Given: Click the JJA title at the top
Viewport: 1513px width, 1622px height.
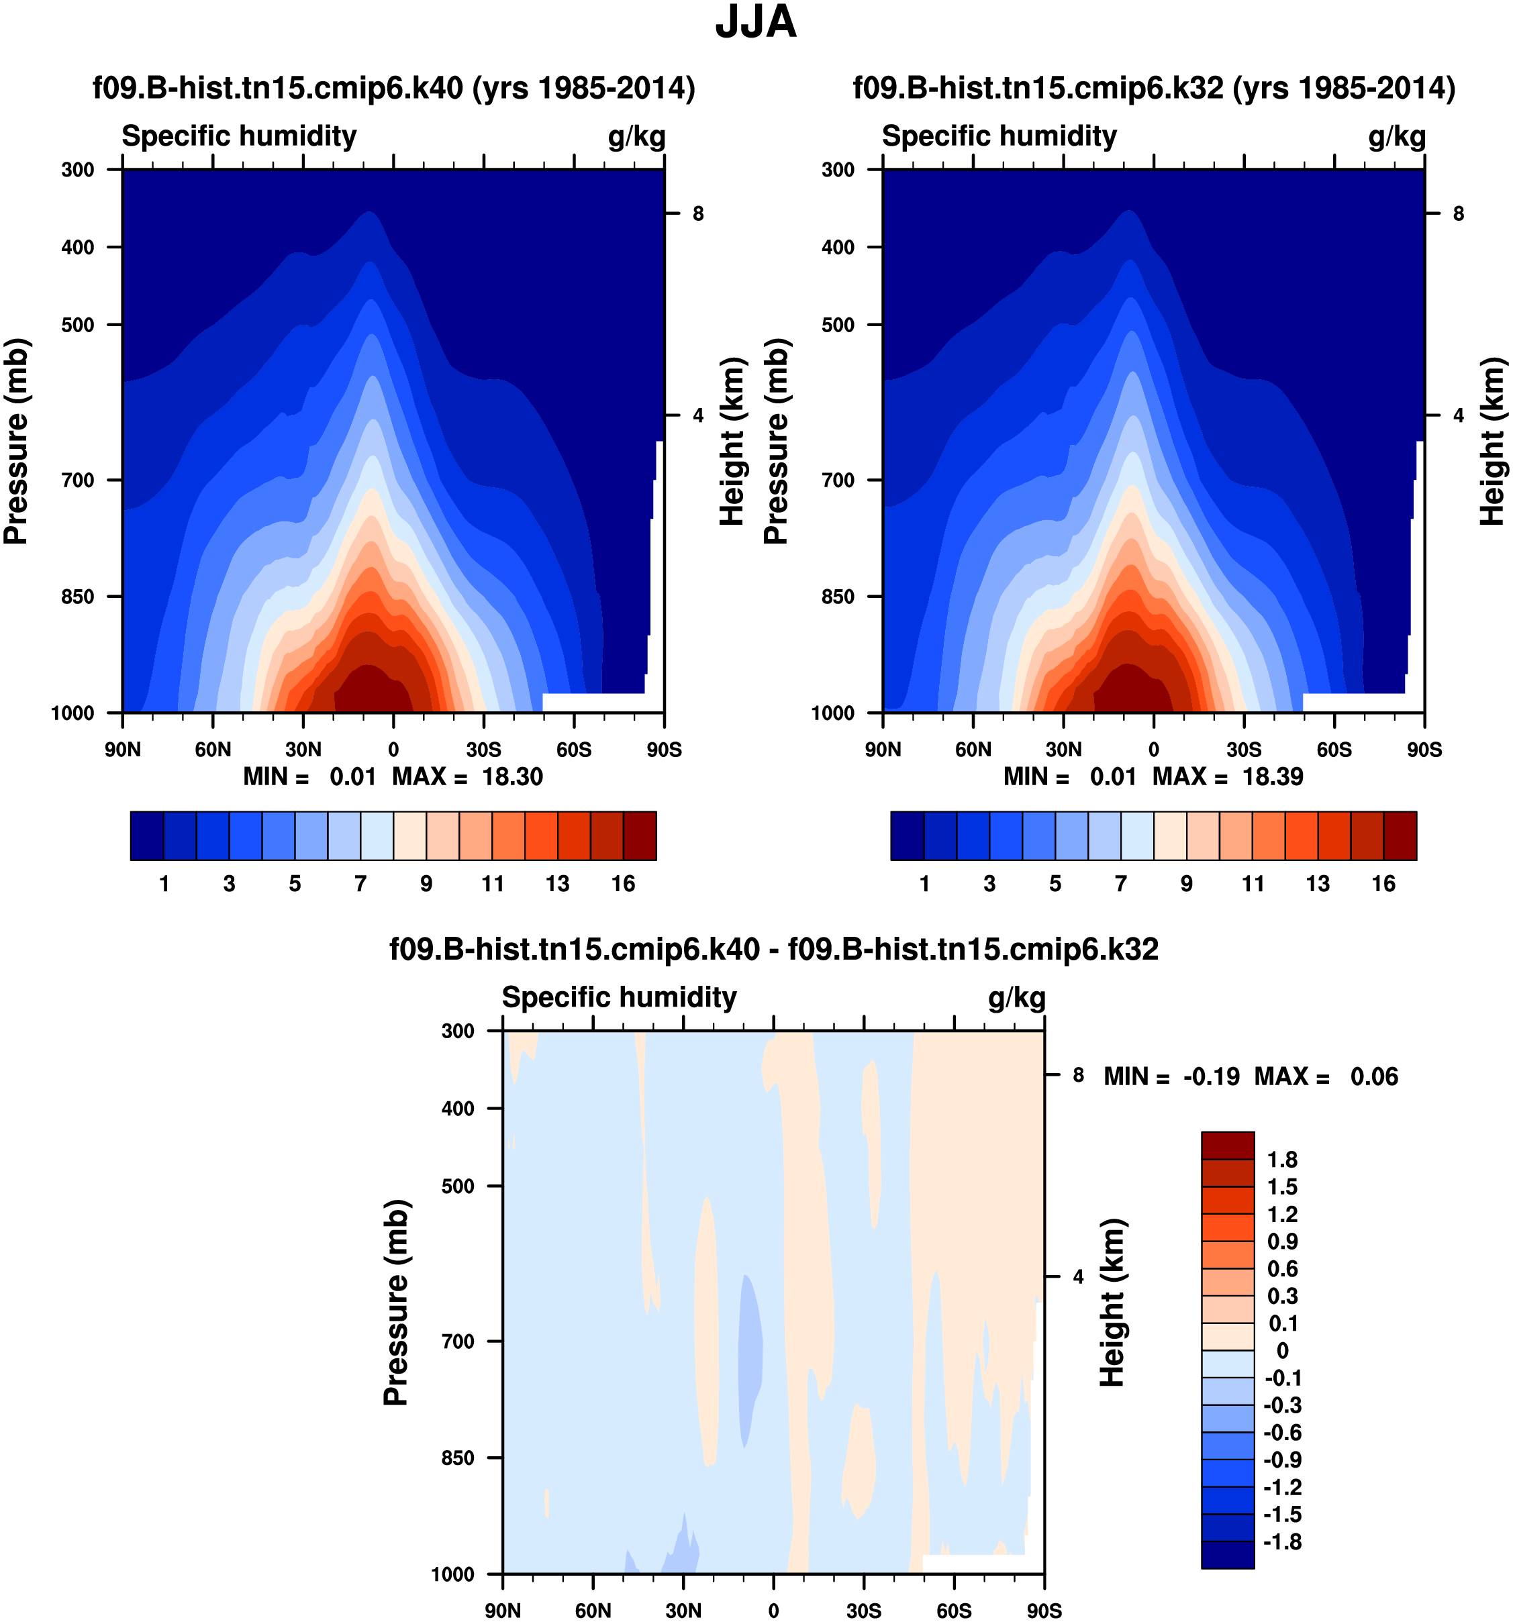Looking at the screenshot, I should pyautogui.click(x=755, y=23).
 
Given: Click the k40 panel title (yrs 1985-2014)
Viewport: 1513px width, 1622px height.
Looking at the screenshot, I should pyautogui.click(x=393, y=88).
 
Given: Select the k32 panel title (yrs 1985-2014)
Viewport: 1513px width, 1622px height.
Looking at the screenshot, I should pyautogui.click(x=1153, y=88).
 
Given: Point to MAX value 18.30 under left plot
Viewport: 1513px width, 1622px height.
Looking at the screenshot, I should pyautogui.click(x=511, y=776).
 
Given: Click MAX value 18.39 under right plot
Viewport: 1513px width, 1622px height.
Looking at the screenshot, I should pyautogui.click(x=1272, y=776).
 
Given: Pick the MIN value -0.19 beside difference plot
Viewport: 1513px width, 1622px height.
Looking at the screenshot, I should pyautogui.click(x=1211, y=1076).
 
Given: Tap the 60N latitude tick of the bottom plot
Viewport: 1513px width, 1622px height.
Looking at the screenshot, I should pyautogui.click(x=593, y=1610).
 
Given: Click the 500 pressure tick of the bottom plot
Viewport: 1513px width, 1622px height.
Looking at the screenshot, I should pyautogui.click(x=458, y=1186).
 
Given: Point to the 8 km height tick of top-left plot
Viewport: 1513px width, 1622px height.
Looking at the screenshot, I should pyautogui.click(x=697, y=214).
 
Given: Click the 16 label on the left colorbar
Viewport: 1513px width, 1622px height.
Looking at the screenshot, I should pyautogui.click(x=623, y=884).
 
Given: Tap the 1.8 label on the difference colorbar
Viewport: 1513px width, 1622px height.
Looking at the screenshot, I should pyautogui.click(x=1281, y=1160).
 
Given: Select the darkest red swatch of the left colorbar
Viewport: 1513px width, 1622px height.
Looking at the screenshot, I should pyautogui.click(x=639, y=835).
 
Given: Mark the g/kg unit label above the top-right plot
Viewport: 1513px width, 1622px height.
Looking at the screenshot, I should pyautogui.click(x=1396, y=136).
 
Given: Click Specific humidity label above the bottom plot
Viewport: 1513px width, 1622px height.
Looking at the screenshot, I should pyautogui.click(x=619, y=997).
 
